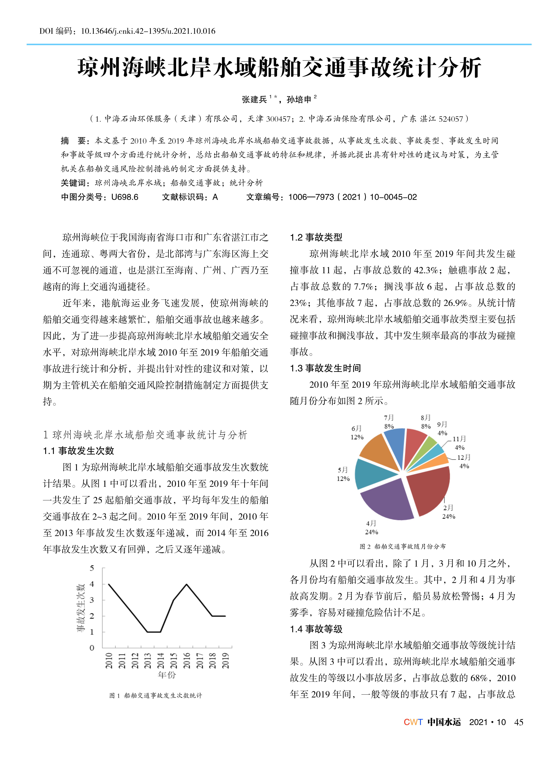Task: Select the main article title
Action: pos(279,68)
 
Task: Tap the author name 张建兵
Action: pos(254,99)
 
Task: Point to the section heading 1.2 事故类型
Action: pos(316,237)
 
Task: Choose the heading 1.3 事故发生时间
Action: pos(325,368)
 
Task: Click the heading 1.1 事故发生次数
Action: pos(78,451)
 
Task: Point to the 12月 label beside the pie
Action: pos(464,457)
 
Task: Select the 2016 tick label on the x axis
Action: pos(187,660)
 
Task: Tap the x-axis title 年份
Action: pos(167,675)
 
